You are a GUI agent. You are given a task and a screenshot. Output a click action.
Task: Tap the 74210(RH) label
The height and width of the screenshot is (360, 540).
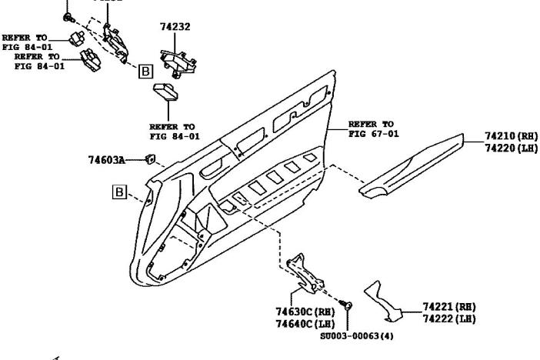511,136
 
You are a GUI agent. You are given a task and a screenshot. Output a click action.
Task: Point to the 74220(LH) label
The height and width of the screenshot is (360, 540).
511,148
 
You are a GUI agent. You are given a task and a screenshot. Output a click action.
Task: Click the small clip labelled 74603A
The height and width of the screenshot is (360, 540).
149,159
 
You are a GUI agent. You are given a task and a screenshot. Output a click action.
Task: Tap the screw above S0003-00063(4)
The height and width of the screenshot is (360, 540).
348,306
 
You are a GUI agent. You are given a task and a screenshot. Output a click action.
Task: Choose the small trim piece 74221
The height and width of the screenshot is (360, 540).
387,300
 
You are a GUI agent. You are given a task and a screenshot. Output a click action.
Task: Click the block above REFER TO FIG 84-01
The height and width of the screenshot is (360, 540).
167,92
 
